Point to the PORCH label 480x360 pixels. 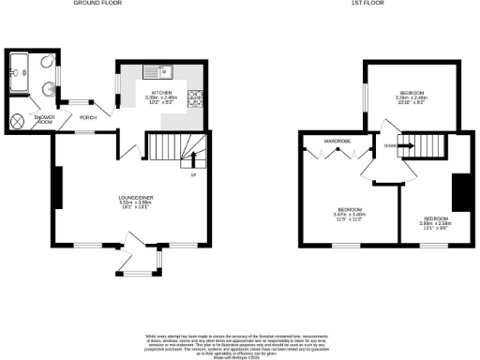click(x=89, y=117)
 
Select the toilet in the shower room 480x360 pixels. click(x=47, y=91)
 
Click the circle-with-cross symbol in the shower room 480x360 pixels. click(x=18, y=121)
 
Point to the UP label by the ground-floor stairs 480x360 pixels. click(x=194, y=174)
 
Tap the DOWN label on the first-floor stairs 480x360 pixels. click(x=388, y=145)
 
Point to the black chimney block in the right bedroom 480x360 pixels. click(x=460, y=192)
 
